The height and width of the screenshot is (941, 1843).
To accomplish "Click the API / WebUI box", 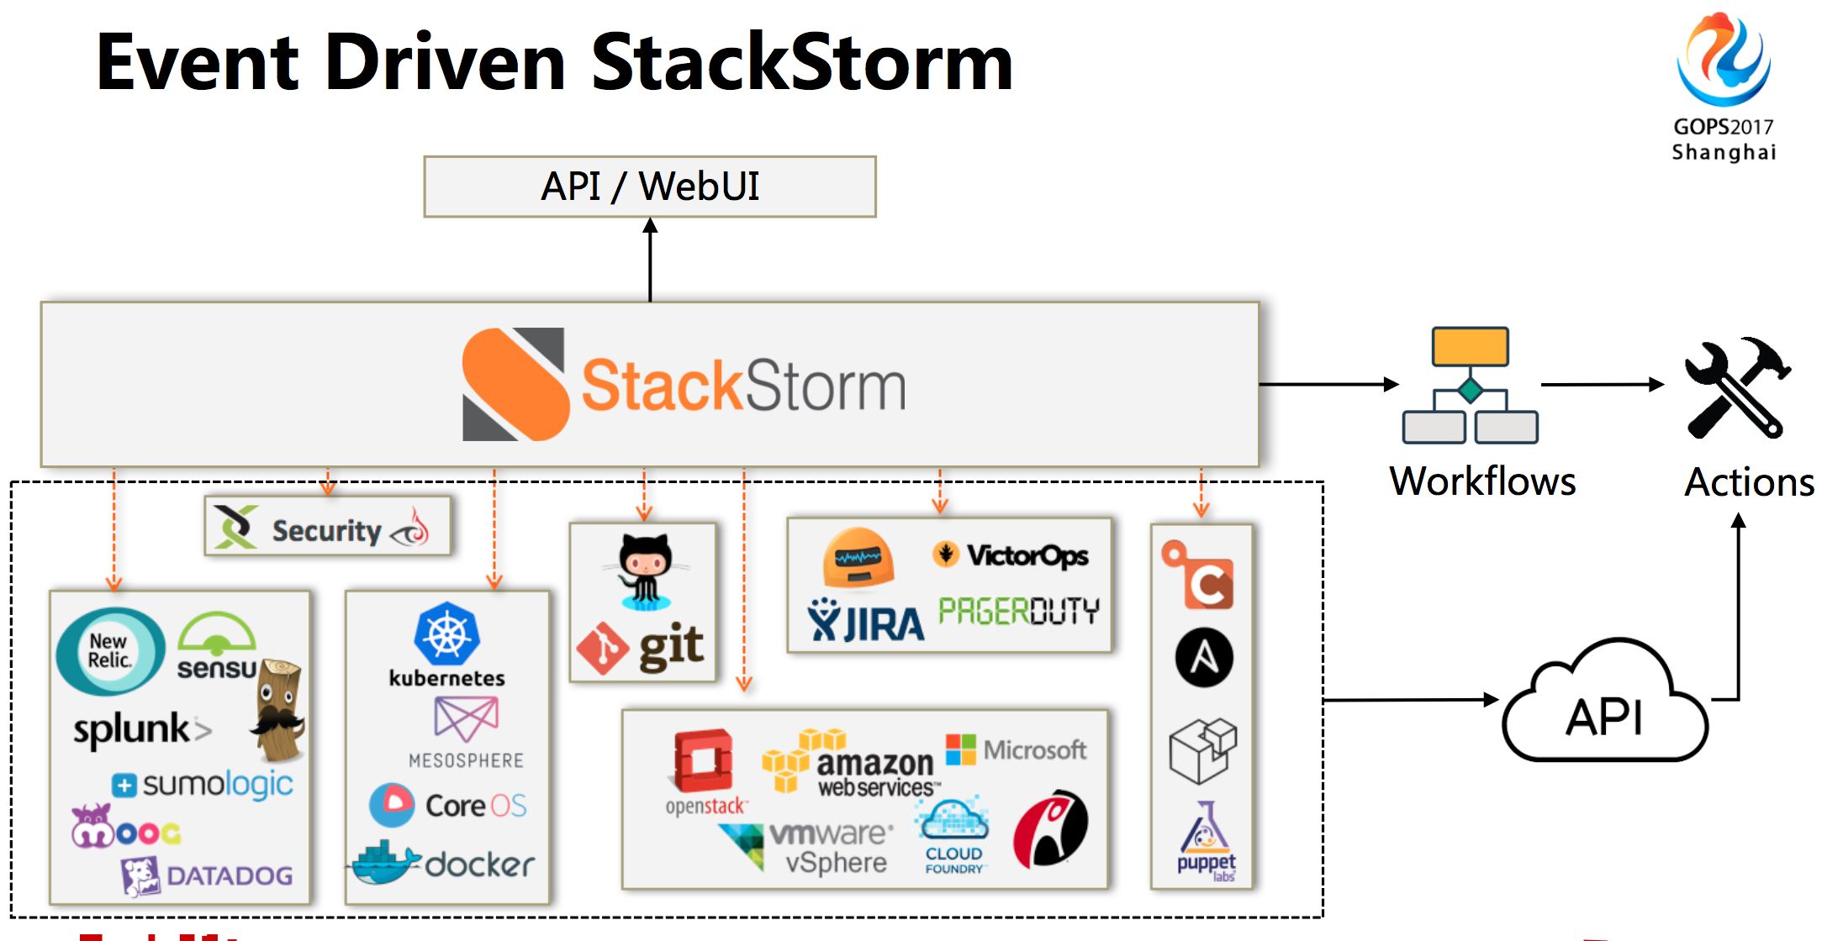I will coord(649,187).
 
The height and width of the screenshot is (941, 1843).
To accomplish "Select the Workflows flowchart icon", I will coord(1470,386).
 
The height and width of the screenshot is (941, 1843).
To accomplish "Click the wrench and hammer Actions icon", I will coord(1737,387).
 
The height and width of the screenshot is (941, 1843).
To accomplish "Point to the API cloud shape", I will coord(1604,706).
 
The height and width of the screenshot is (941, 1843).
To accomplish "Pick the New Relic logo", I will coord(110,651).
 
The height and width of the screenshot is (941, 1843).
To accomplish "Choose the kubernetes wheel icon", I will coord(446,633).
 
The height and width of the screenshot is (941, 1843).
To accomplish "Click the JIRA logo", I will coord(865,622).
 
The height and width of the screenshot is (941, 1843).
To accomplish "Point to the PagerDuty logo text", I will coord(1018,611).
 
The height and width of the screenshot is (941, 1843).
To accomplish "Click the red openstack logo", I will coord(704,761).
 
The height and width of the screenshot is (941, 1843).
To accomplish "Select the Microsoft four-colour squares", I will coord(960,749).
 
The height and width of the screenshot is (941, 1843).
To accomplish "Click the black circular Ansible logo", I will coord(1204,658).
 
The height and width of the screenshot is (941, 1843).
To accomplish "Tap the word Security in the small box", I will coord(326,531).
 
